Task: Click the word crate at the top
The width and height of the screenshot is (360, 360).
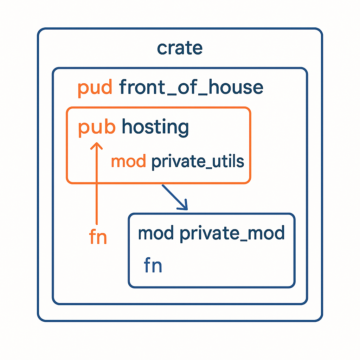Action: pyautogui.click(x=180, y=48)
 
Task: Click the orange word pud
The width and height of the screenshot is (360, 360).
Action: pyautogui.click(x=95, y=88)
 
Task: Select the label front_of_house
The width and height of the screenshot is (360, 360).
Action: pyautogui.click(x=191, y=87)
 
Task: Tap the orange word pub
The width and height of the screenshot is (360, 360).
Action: pyautogui.click(x=97, y=127)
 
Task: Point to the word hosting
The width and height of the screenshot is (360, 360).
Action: pyautogui.click(x=155, y=127)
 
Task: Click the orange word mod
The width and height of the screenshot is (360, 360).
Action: pyautogui.click(x=128, y=161)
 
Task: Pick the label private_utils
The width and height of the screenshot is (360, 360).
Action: pyautogui.click(x=197, y=162)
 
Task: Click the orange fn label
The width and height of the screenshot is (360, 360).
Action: pyautogui.click(x=98, y=238)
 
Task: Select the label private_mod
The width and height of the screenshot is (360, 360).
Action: pyautogui.click(x=232, y=233)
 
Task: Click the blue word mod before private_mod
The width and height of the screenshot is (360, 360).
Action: pyautogui.click(x=156, y=233)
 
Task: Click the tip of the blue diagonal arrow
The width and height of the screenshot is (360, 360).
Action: pyautogui.click(x=187, y=209)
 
